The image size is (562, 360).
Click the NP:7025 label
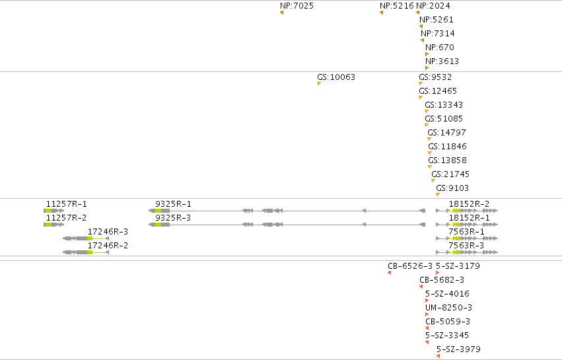click(297, 6)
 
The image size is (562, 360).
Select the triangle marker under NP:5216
click(381, 13)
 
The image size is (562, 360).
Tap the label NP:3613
click(442, 61)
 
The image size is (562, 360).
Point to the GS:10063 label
click(336, 77)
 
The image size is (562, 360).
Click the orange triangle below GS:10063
click(318, 84)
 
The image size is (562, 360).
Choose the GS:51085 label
click(444, 119)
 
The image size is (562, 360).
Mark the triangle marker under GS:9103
click(438, 195)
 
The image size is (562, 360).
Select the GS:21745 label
click(450, 174)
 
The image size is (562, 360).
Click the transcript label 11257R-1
click(67, 204)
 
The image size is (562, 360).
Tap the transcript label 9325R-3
click(173, 218)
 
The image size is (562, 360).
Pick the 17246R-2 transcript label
click(108, 246)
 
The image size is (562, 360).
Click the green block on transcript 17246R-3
click(90, 238)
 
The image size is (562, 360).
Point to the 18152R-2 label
click(469, 204)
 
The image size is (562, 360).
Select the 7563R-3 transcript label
click(466, 246)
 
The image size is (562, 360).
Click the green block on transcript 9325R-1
click(158, 211)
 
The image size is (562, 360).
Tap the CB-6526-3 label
click(410, 266)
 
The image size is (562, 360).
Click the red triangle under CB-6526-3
click(389, 273)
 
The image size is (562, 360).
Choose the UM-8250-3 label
click(448, 308)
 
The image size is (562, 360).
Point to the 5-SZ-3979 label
click(458, 349)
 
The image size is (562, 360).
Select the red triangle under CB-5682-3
click(421, 287)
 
